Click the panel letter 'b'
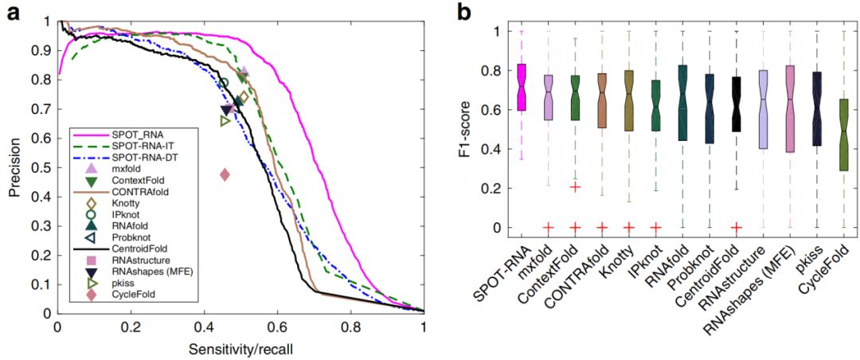(x=464, y=11)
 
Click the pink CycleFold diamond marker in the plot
(x=225, y=174)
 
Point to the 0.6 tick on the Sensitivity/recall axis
(x=277, y=327)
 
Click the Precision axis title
(x=14, y=166)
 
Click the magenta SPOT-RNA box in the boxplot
(x=522, y=87)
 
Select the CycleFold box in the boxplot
(x=843, y=134)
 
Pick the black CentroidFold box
(x=737, y=104)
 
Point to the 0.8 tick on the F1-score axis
(x=498, y=70)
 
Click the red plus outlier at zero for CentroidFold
(x=737, y=227)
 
